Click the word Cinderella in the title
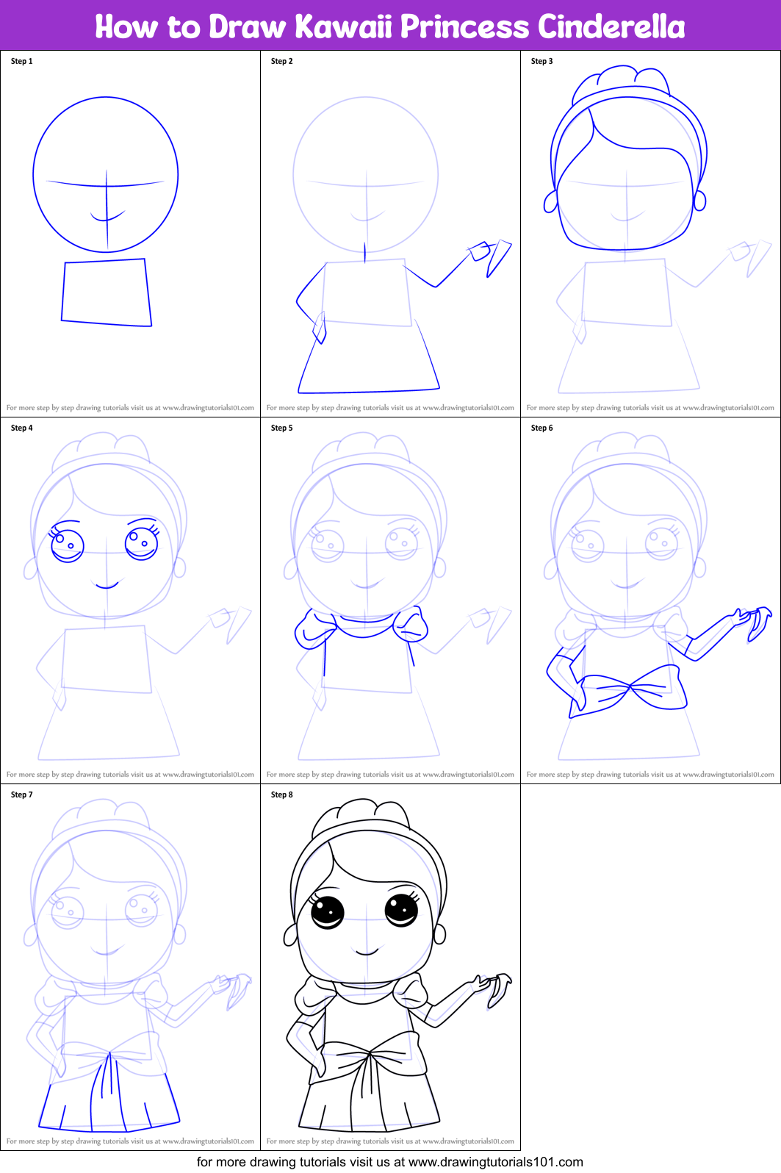click(x=611, y=26)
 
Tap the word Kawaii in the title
click(x=344, y=26)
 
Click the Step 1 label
click(x=21, y=61)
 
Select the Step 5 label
click(x=281, y=428)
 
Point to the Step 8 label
click(x=281, y=794)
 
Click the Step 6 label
click(x=541, y=428)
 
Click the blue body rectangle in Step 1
click(x=107, y=292)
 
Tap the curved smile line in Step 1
click(x=107, y=218)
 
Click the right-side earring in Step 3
click(x=699, y=200)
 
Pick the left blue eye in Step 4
click(x=67, y=545)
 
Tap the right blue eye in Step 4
click(x=142, y=543)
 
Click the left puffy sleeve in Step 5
click(x=314, y=631)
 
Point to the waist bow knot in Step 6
click(x=630, y=688)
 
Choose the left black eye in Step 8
click(x=328, y=912)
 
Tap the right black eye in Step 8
click(x=402, y=910)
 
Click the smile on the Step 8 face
click(x=367, y=953)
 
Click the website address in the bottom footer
click(x=495, y=1162)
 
